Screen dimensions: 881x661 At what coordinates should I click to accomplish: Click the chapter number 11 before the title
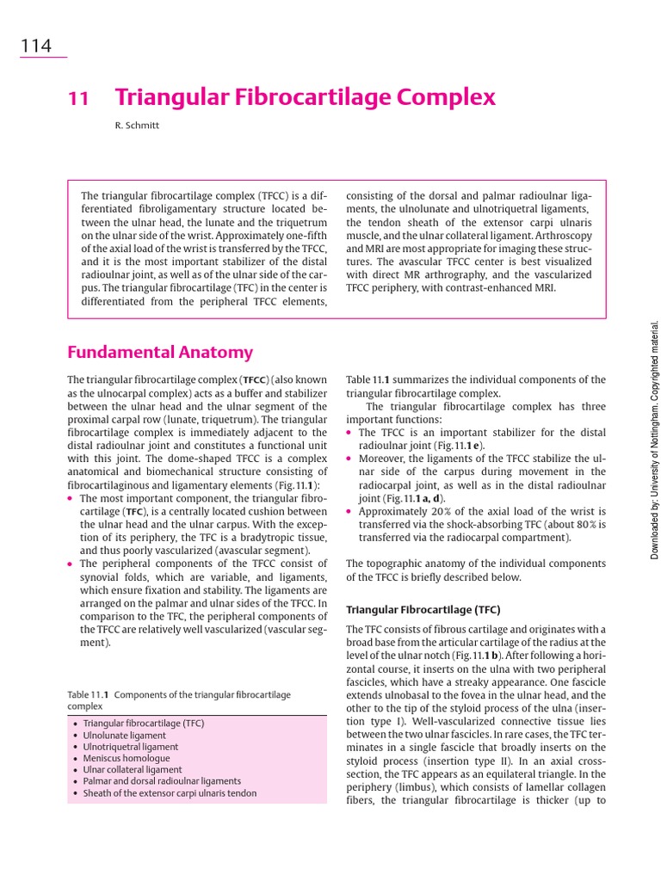78,99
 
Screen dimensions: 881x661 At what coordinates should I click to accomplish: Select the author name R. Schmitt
137,126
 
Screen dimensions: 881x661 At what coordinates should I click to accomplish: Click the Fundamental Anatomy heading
160,352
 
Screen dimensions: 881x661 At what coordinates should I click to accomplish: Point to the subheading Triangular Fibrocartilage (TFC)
423,609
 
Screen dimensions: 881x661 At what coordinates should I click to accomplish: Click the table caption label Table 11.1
89,694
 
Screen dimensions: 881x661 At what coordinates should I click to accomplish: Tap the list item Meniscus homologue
127,759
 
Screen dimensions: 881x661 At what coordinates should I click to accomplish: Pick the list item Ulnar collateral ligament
133,770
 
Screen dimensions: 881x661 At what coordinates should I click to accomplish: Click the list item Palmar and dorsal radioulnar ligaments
162,781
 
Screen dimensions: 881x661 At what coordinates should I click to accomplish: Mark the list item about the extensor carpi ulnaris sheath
170,793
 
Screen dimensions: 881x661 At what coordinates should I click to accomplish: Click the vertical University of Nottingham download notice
654,440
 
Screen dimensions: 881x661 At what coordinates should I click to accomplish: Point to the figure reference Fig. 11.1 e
459,446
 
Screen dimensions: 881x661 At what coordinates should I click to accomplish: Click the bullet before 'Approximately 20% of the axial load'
349,511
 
